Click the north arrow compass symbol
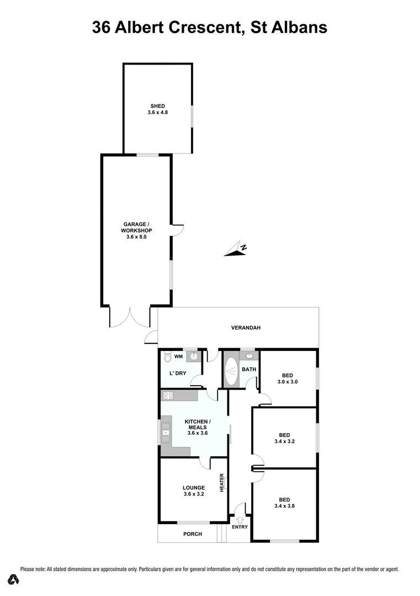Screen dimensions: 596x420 pos(237,250)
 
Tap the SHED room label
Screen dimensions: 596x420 pos(157,106)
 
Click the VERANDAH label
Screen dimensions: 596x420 pos(246,328)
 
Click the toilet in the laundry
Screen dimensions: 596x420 pos(168,358)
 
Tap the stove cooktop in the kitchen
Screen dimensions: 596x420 pos(168,395)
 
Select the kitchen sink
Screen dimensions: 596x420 pos(165,431)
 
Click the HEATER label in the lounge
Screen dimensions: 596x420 pos(222,483)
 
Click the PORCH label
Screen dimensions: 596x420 pos(193,534)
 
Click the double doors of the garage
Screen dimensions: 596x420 pos(130,317)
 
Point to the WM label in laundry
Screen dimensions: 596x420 pos(178,357)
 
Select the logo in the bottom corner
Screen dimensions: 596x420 pos(14,579)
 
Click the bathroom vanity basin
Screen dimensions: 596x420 pos(249,356)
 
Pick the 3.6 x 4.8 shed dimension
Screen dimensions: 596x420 pos(157,113)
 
